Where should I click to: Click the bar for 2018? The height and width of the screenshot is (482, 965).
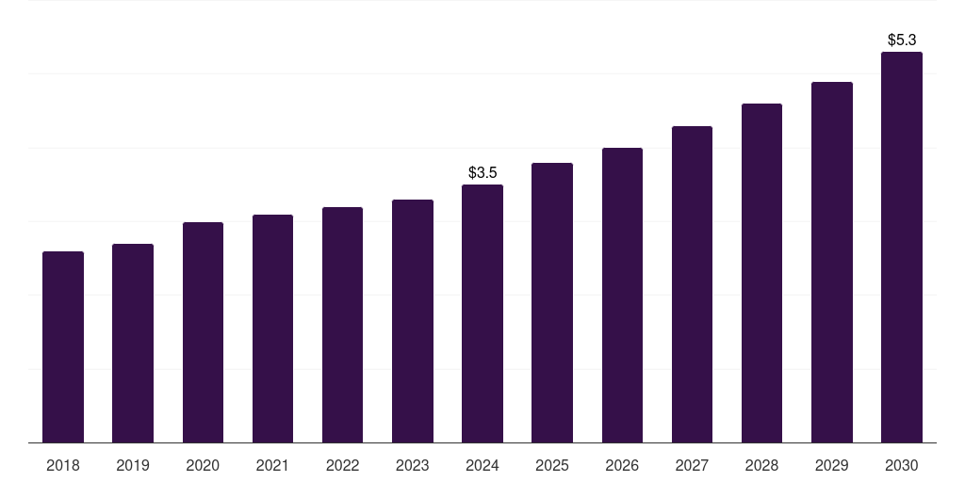[x=63, y=347]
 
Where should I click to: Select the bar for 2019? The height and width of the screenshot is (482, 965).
[x=133, y=344]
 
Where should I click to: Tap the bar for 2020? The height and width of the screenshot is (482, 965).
[x=203, y=332]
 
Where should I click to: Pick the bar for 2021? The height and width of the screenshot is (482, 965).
[x=272, y=329]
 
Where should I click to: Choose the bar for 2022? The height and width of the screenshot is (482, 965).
[x=342, y=325]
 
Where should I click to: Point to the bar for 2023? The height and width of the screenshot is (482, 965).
[x=413, y=321]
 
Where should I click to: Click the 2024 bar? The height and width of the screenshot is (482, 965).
[x=482, y=313]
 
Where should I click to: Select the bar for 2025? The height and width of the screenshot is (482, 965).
[x=552, y=303]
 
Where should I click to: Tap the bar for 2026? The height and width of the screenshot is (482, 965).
[x=622, y=296]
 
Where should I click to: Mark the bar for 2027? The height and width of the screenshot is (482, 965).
[x=692, y=284]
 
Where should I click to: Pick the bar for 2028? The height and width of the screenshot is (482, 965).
[x=761, y=273]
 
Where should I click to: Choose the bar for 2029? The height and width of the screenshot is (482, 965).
[x=832, y=263]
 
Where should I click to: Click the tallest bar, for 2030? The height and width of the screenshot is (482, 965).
[x=902, y=248]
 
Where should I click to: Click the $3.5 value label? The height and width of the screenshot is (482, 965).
[x=482, y=173]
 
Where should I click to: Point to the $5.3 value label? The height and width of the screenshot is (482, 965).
[x=902, y=40]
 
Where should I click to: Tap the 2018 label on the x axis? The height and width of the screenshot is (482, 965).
[x=63, y=465]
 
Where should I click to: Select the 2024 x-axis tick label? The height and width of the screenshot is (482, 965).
[x=482, y=465]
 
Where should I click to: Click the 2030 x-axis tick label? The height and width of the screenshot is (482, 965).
[x=902, y=465]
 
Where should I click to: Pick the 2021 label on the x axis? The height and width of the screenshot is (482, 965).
[x=272, y=465]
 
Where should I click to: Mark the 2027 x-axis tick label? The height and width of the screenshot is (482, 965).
[x=692, y=465]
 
